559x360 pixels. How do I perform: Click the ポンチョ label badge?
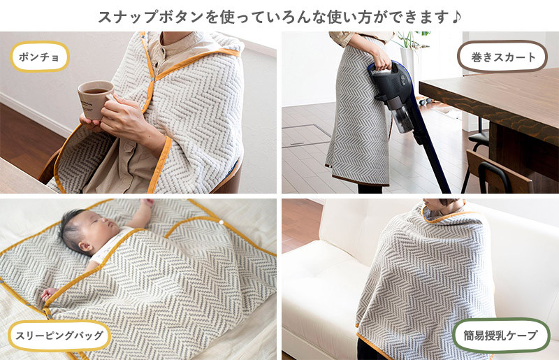pos(40,57)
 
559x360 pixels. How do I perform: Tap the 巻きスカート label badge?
pos(502,57)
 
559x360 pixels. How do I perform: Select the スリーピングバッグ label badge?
pos(59,336)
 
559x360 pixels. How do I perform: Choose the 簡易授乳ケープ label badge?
pos(500,335)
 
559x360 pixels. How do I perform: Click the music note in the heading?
pos(456,16)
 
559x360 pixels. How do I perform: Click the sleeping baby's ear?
pos(84,247)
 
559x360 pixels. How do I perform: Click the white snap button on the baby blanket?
pos(221,222)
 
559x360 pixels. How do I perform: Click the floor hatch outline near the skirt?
pos(307,136)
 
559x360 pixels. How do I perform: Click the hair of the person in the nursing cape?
pos(448,201)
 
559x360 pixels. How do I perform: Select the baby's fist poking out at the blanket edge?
pos(48,295)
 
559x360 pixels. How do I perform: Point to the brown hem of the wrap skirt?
pos(360,180)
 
